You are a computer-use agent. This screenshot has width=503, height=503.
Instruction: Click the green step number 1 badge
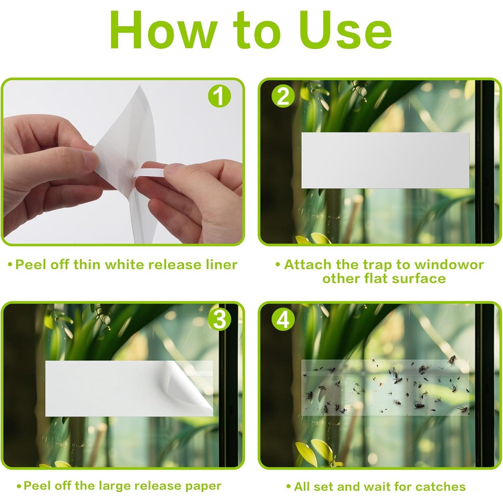(x=220, y=96)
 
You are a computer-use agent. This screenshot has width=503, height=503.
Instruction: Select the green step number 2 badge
(x=283, y=96)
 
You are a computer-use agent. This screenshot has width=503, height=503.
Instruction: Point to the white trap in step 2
(x=385, y=160)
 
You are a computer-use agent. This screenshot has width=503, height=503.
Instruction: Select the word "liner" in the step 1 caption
(x=221, y=265)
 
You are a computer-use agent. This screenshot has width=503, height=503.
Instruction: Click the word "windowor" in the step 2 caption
(x=449, y=265)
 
